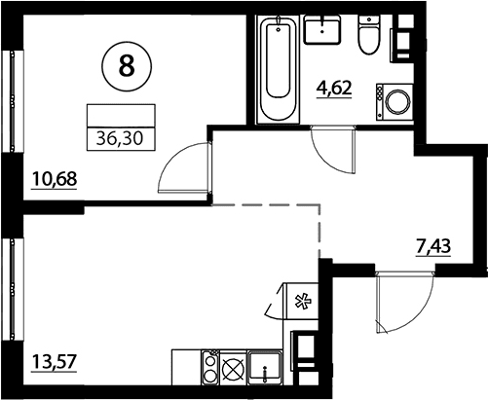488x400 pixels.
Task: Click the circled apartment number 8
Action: (x=127, y=66)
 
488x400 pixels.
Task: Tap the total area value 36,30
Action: (x=120, y=139)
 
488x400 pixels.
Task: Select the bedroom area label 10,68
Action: (x=55, y=179)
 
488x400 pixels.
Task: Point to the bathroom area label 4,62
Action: (x=334, y=88)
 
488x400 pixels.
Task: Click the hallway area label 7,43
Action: (x=433, y=247)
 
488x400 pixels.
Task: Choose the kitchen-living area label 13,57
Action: (x=55, y=361)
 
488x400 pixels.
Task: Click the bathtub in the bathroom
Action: (x=278, y=69)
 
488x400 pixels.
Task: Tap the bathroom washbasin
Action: (x=322, y=29)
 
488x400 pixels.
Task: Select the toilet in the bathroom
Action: (x=369, y=35)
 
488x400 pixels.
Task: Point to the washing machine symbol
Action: (x=394, y=102)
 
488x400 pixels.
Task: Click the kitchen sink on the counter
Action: (x=265, y=367)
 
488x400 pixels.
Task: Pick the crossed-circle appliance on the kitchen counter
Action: (x=233, y=368)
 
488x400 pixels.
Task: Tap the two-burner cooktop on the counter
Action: (x=210, y=367)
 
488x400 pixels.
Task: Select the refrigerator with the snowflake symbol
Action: (x=302, y=301)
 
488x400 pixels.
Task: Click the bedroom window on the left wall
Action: (x=12, y=101)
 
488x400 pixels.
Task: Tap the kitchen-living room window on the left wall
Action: (x=12, y=289)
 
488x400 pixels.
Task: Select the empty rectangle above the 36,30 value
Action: (x=121, y=116)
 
